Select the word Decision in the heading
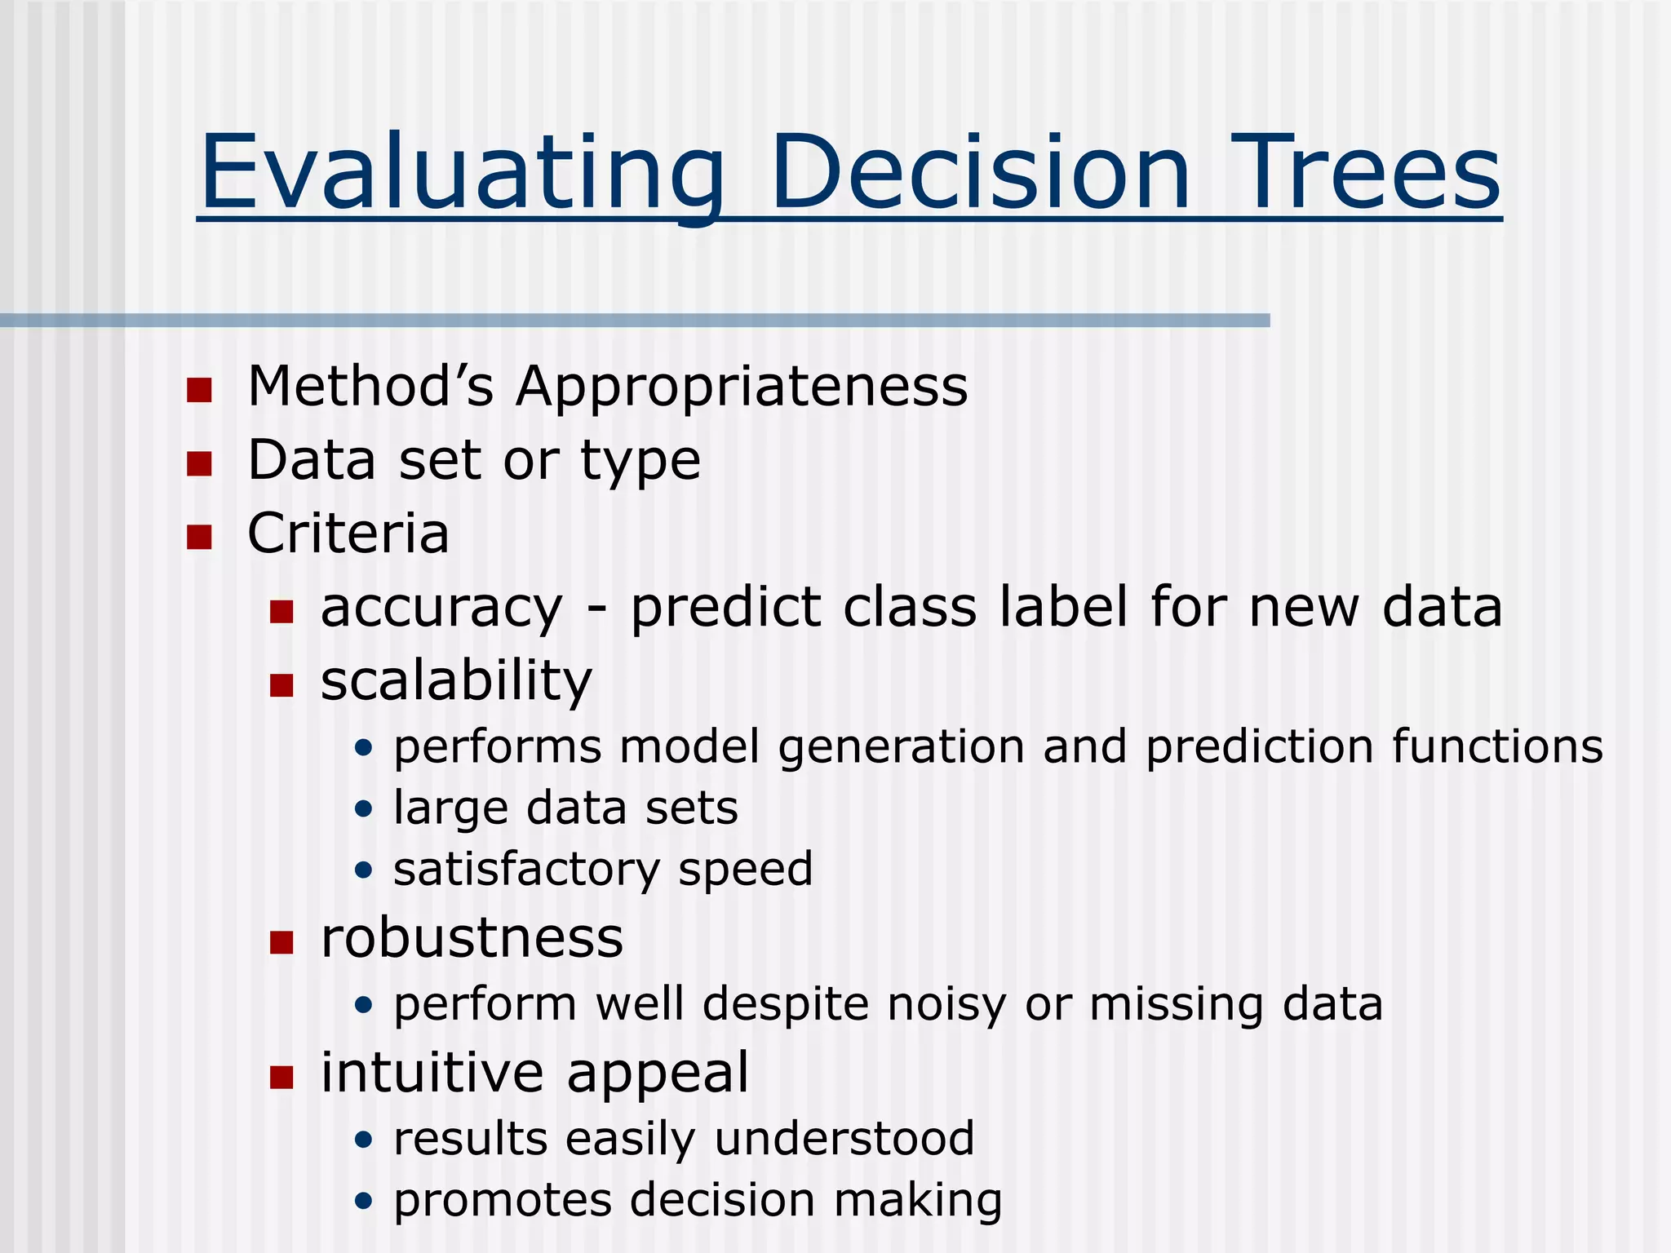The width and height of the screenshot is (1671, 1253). (x=980, y=173)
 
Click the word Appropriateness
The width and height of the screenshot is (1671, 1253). (x=742, y=387)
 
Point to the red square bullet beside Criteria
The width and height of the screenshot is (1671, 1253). (x=199, y=537)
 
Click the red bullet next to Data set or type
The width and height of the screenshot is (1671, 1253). (x=199, y=463)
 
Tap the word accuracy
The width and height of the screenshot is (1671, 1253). (x=441, y=609)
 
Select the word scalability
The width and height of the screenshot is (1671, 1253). (x=456, y=680)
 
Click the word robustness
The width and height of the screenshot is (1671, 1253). (x=472, y=938)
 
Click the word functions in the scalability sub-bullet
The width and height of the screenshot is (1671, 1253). (x=1497, y=746)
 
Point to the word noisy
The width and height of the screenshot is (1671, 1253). (x=946, y=1004)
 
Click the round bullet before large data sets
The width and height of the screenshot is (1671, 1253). (x=364, y=809)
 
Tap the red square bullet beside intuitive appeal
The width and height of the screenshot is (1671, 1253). (x=281, y=1078)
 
